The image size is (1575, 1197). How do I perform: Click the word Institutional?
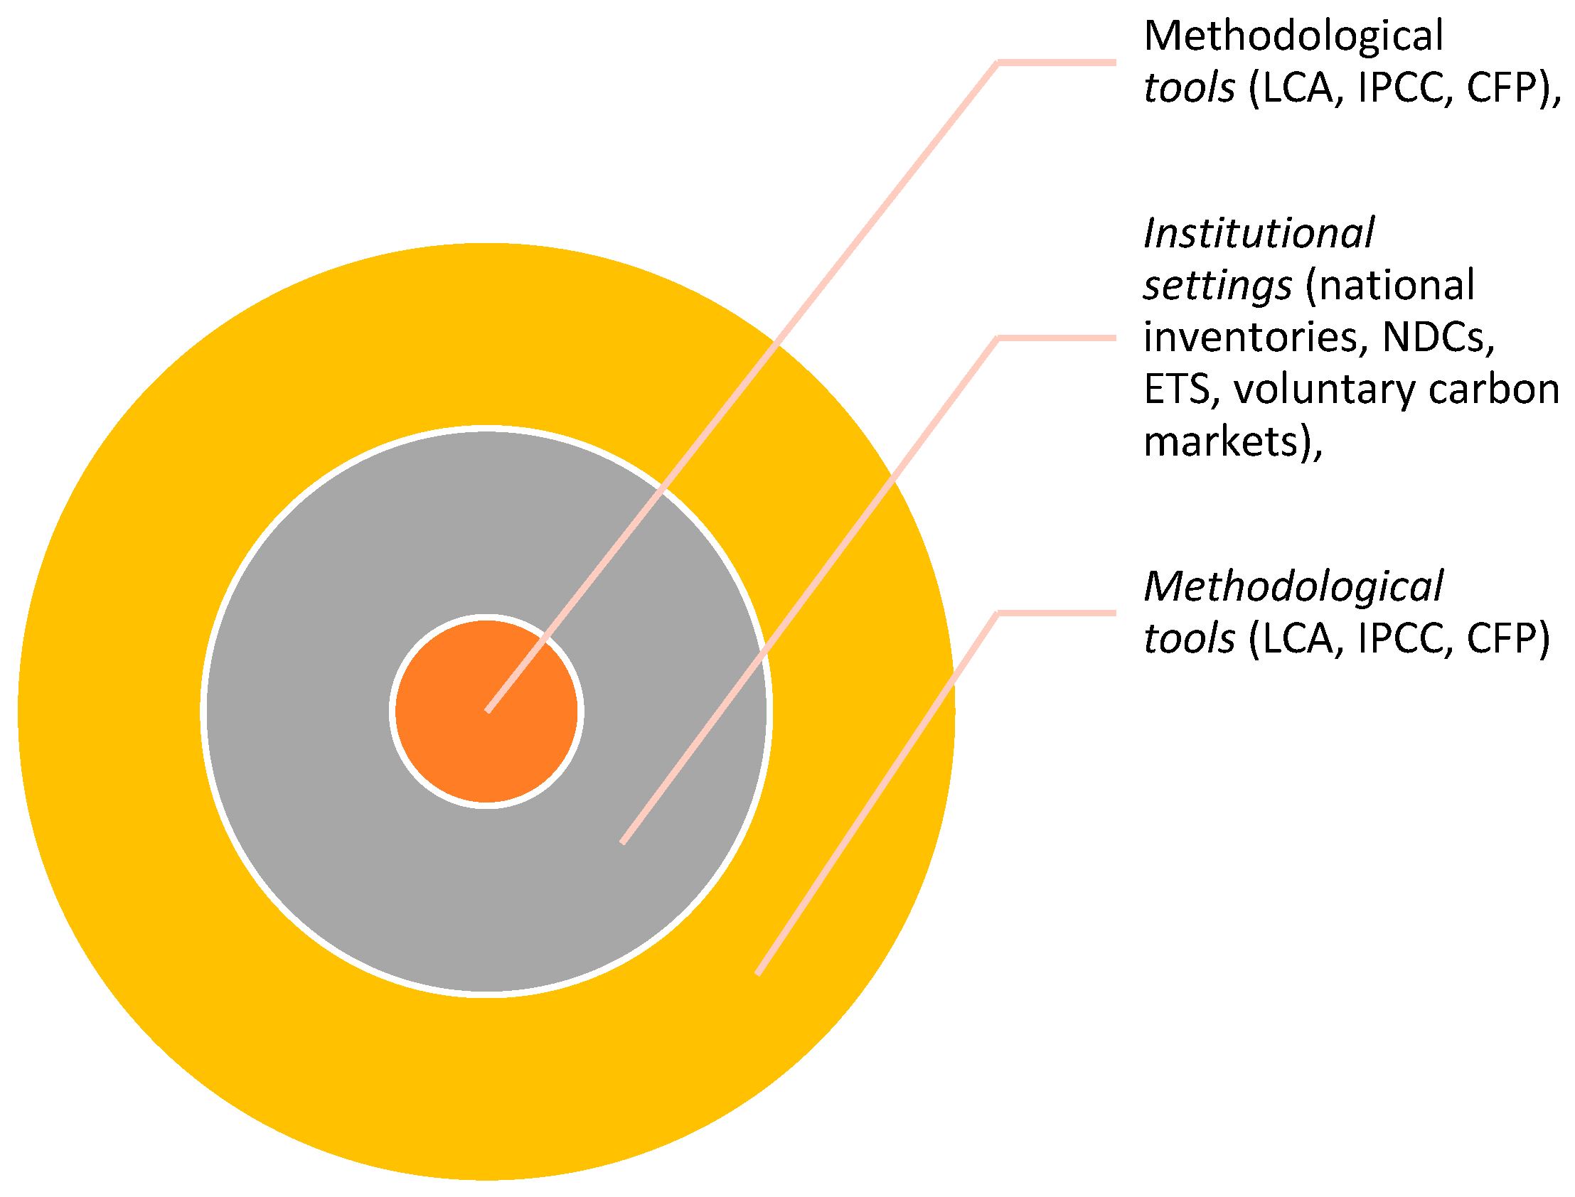(x=1259, y=234)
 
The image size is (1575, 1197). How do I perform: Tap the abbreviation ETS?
(x=1177, y=390)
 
